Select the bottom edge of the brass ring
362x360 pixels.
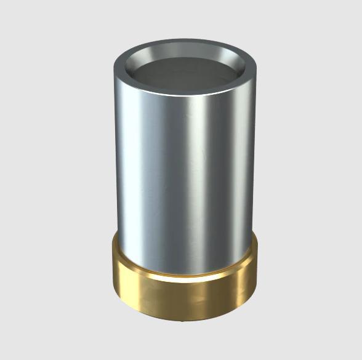[x=185, y=319]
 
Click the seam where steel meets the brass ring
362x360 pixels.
[x=185, y=274]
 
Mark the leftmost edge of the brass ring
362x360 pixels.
[x=110, y=271]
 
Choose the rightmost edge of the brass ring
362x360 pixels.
[x=258, y=271]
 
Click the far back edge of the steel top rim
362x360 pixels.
[x=185, y=41]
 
